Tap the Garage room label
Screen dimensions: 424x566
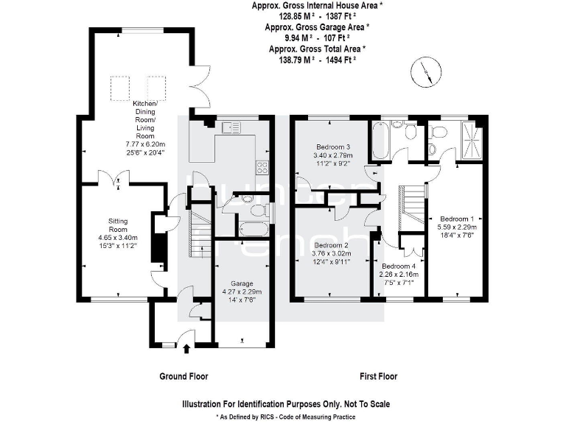click(x=242, y=283)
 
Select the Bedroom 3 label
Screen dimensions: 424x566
click(x=334, y=146)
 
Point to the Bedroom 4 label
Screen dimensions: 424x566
click(x=399, y=266)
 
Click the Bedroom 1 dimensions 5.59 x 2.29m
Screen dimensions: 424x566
click(x=458, y=228)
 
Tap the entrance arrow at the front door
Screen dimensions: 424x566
click(x=186, y=348)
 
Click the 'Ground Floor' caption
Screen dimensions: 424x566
click(x=184, y=376)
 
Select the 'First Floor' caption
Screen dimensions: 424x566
click(x=378, y=376)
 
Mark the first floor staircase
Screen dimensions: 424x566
click(x=413, y=208)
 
